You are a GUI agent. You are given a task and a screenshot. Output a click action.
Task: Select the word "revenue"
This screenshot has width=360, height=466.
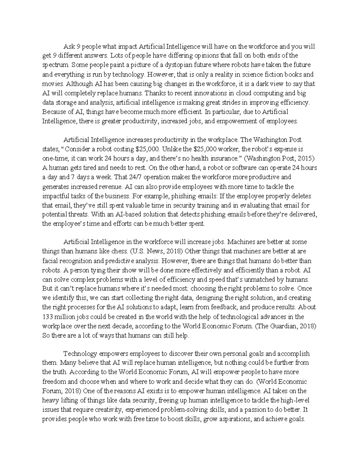pos(109,187)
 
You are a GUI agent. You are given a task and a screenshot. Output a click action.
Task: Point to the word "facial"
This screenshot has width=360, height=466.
pos(49,260)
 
